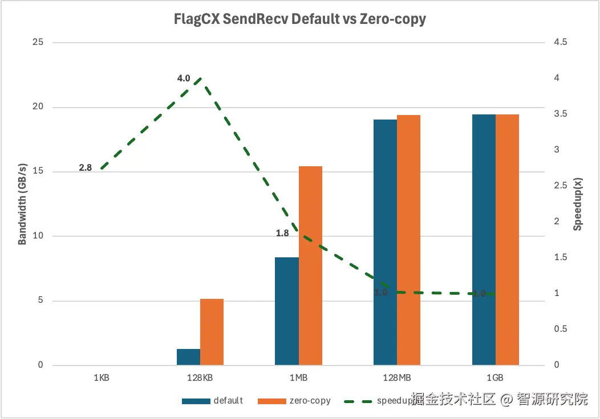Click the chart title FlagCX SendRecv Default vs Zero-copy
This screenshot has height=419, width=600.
pos(300,19)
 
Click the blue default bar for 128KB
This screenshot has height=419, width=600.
pos(188,357)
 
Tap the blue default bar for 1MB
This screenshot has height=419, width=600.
pos(287,311)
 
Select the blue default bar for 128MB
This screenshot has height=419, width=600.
pos(385,242)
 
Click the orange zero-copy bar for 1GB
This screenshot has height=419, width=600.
pos(507,240)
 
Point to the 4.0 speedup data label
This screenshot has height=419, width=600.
pos(183,78)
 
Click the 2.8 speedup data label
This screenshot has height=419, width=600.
pos(86,168)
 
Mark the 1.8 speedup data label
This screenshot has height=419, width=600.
pos(282,233)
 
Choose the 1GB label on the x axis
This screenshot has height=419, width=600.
pos(495,378)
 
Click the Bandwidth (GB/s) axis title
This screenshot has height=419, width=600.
pos(22,204)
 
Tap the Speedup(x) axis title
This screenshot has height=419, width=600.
pos(578,204)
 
